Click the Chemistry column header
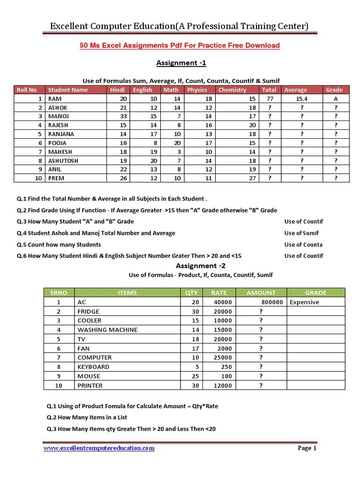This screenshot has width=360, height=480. point(232,90)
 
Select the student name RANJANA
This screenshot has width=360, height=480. point(61,134)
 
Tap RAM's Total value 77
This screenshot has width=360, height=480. point(270,99)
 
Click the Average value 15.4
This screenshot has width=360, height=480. point(301,99)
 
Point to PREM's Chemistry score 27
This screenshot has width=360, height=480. point(252,178)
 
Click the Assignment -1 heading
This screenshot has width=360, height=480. point(180,63)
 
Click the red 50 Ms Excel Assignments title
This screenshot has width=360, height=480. point(180,45)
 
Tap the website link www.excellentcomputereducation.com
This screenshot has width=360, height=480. point(99,448)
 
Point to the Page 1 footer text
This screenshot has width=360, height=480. point(307,448)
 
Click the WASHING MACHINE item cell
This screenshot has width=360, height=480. point(107,330)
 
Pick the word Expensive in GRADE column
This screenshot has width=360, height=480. point(304,302)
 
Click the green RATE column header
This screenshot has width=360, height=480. point(218,293)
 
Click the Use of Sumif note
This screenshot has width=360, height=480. point(301,233)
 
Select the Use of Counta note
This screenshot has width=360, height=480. point(303,245)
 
